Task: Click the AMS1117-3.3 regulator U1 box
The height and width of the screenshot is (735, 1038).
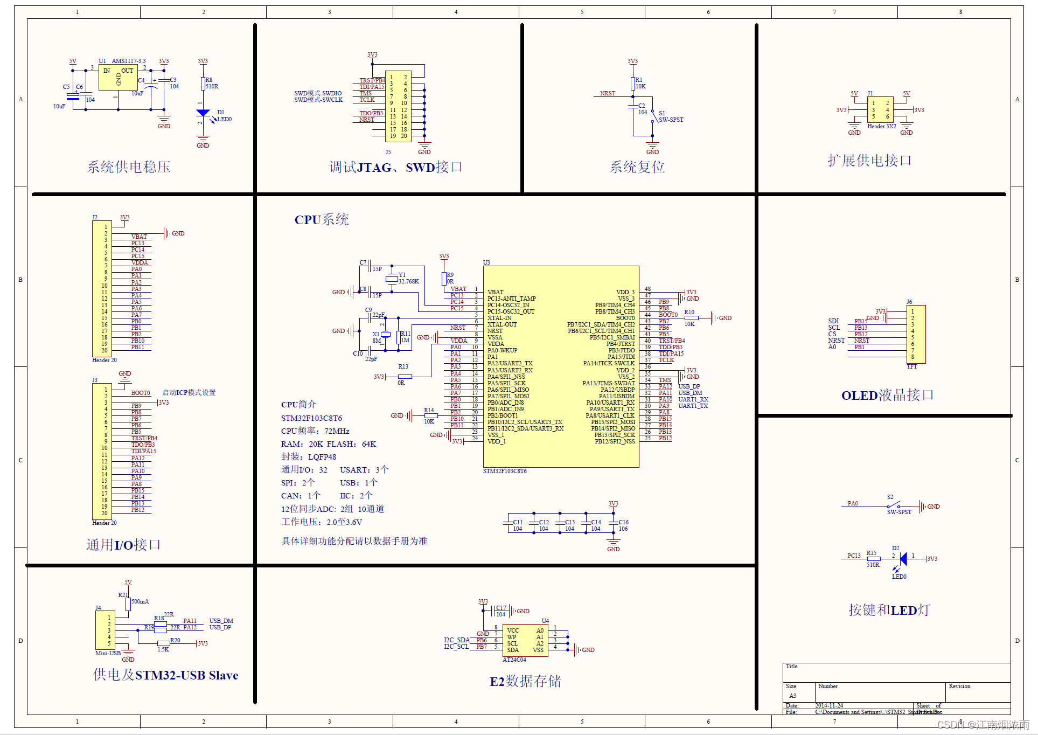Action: coord(118,78)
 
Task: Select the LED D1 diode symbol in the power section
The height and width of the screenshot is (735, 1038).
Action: coord(203,113)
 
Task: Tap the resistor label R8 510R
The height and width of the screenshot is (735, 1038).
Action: coord(211,83)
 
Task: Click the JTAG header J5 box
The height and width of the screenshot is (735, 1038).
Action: coord(398,106)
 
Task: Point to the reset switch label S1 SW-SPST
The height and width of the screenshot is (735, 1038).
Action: coord(670,117)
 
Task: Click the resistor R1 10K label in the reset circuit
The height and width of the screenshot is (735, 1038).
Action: coord(640,83)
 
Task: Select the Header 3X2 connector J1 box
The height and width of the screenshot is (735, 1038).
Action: coord(880,109)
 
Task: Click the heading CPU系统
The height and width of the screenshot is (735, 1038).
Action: coord(322,219)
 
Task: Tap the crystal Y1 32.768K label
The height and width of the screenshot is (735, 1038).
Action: coord(408,278)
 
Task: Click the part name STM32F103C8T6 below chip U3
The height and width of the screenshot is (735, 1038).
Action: coord(505,471)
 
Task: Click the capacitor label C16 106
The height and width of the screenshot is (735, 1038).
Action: coord(623,525)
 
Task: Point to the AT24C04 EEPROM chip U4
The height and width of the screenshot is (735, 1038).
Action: coord(525,640)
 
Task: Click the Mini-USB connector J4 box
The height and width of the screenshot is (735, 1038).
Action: coord(105,630)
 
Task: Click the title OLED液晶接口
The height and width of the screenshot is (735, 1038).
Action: coord(887,395)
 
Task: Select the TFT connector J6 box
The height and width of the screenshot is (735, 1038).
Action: coord(916,334)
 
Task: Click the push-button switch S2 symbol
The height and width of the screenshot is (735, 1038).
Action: coord(894,505)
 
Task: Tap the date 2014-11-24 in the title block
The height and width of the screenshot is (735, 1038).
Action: coord(829,705)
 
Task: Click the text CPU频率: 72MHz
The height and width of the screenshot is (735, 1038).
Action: coord(315,431)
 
